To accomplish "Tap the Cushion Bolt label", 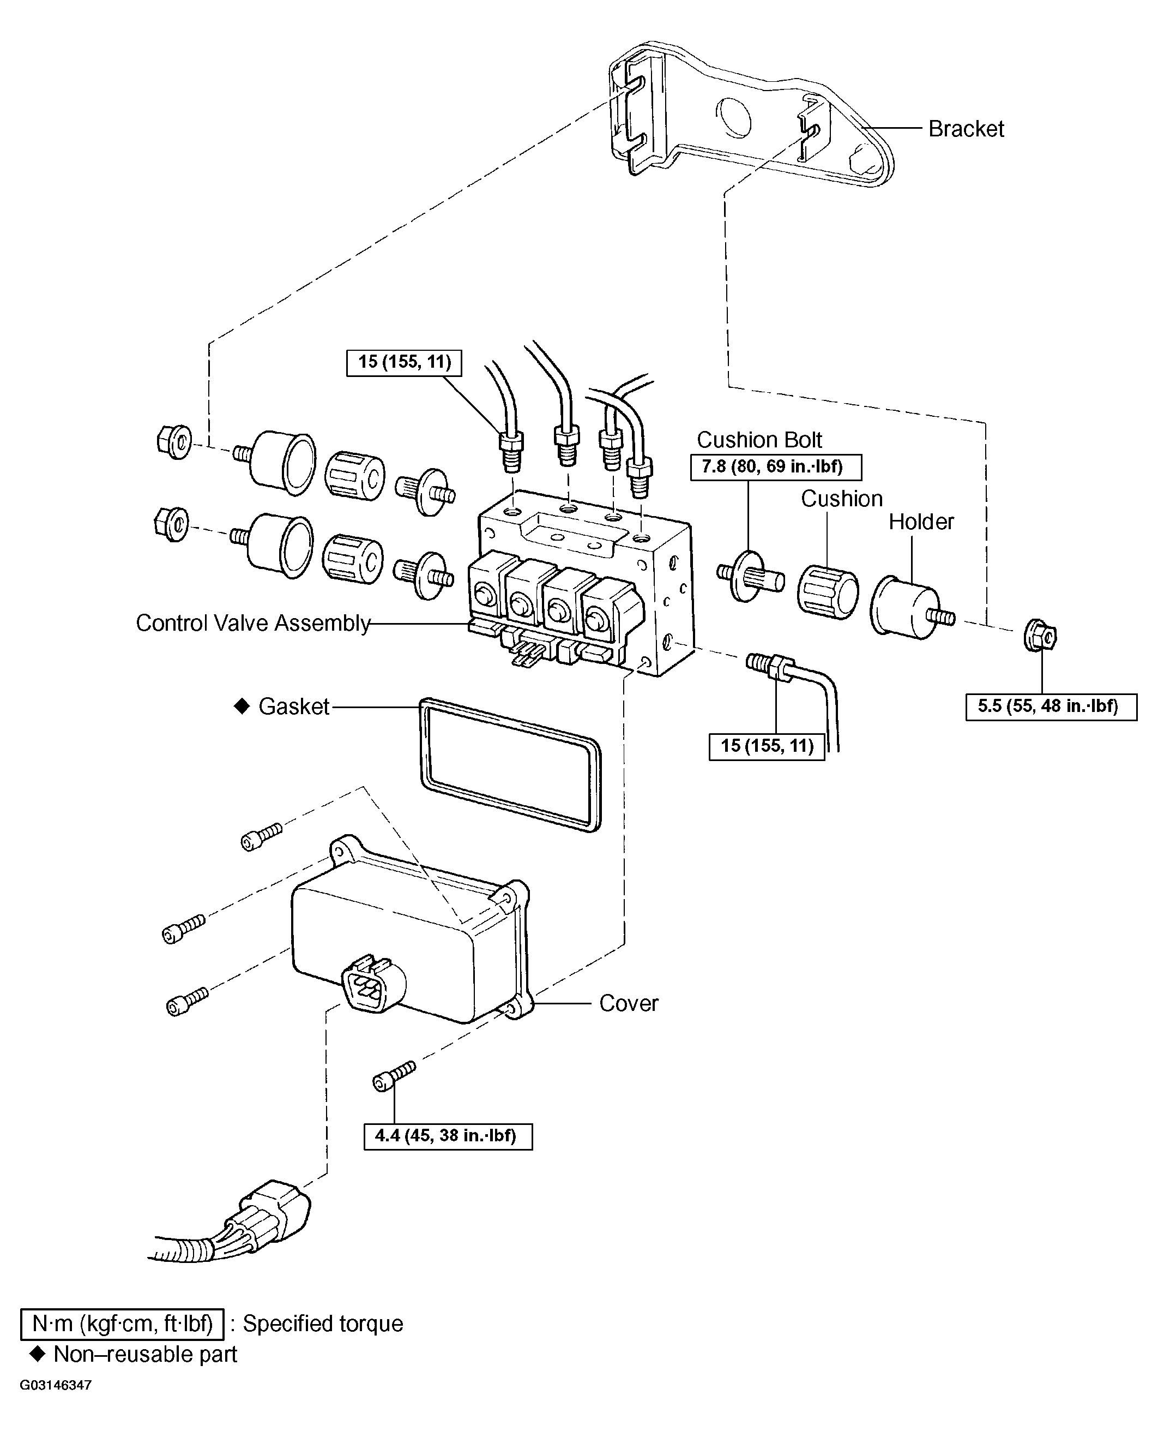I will coord(759,440).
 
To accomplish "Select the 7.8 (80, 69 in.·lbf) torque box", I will coord(775,466).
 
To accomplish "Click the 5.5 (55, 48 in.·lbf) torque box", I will coord(1051,706).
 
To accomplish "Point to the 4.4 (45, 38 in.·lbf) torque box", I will coord(448,1135).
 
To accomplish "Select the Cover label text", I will coord(629,1003).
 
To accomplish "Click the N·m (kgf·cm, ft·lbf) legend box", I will coord(122,1324).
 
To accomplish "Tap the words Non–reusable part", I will coord(145,1354).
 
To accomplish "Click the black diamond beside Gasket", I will coord(242,706).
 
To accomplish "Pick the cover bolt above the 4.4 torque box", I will coord(394,1075).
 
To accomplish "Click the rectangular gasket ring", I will coord(510,764).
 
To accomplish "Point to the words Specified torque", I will coord(323,1324).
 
